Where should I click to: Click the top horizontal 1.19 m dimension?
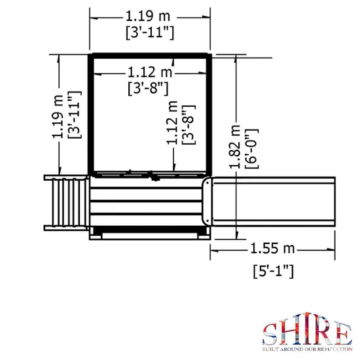[148, 16]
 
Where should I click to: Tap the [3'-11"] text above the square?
[150, 33]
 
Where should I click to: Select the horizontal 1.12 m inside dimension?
[150, 72]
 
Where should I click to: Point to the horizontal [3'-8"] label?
[148, 88]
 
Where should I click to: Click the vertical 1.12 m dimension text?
[172, 123]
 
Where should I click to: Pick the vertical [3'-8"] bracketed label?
[189, 124]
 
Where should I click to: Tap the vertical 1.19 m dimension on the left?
[58, 117]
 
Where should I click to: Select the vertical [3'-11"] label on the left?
[75, 115]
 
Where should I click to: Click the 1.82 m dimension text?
[235, 147]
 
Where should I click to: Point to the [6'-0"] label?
[251, 149]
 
